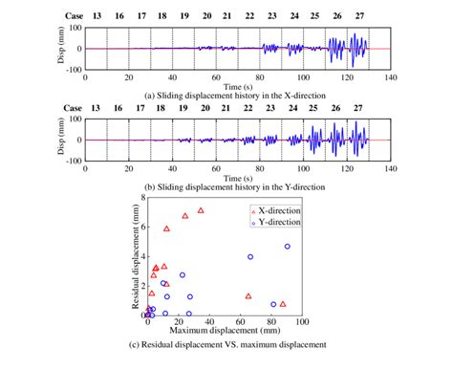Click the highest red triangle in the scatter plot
(201, 210)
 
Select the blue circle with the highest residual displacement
(287, 246)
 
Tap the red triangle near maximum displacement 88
(282, 304)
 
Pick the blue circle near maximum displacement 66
(250, 256)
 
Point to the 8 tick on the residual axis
(141, 198)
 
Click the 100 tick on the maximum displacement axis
(302, 321)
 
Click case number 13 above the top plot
(96, 16)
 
